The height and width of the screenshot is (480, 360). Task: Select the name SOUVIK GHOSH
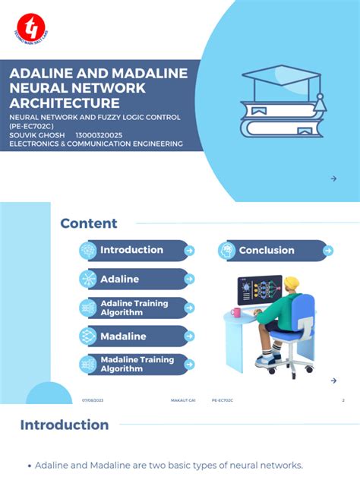36,134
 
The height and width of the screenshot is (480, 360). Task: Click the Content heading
89,223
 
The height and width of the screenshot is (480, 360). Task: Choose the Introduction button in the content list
131,250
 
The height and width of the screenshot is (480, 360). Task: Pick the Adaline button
120,279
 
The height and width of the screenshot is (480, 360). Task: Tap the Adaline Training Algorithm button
134,308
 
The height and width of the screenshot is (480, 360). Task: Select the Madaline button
123,336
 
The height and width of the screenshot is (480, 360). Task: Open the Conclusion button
267,250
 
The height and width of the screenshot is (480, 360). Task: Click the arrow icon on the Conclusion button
327,250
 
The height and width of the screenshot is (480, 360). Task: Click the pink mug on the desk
235,312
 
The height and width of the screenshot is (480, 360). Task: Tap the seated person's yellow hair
292,283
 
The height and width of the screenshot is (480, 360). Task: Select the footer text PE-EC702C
223,400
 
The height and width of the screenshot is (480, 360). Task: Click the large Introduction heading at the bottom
64,425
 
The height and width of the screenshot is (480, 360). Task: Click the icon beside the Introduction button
88,250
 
